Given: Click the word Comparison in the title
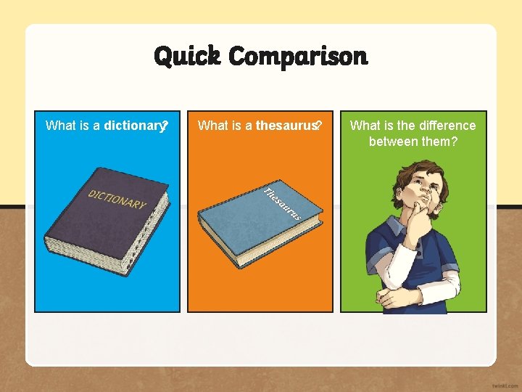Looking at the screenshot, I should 298,56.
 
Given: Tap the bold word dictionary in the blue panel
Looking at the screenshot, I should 135,126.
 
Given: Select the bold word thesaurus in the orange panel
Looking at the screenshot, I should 286,126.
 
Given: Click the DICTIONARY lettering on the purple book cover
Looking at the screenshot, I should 117,198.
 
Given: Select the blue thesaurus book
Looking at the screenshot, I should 254,225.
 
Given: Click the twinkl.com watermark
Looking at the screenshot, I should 503,385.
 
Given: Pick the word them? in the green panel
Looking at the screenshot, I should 442,141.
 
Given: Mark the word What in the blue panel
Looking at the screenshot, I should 60,126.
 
